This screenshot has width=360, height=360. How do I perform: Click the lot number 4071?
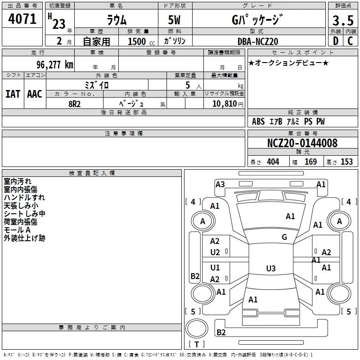coord(22,19)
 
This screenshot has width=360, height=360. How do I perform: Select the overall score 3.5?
coord(342,21)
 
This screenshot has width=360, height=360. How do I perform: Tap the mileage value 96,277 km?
coord(54,64)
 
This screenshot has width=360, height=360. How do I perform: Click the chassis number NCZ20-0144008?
coord(302,143)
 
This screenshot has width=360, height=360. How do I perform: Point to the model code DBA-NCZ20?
coord(258,41)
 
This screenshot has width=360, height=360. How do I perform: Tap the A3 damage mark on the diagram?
coord(220,184)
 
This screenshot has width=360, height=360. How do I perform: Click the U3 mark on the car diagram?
coord(270,269)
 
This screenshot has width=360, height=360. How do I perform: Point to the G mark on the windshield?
coord(284,237)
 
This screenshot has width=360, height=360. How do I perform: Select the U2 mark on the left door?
coord(215,252)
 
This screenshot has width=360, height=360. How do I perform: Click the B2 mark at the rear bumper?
coord(221,333)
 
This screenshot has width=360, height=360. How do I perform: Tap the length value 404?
coord(273,162)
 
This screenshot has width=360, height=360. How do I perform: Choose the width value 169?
coord(310,162)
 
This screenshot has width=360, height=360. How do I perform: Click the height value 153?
coord(346,162)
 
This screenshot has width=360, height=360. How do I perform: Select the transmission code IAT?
coord(13,94)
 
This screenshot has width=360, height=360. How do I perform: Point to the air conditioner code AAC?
coord(35,94)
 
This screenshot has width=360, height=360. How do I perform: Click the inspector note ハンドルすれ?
coord(24,198)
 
